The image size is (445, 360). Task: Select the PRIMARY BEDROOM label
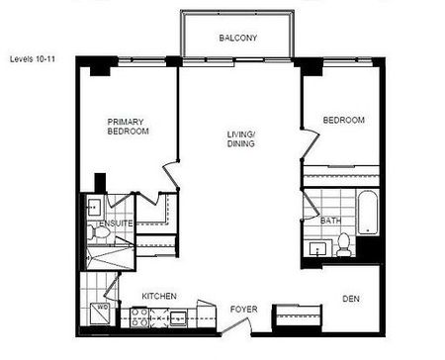[129, 127]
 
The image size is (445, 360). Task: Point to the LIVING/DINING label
[239, 138]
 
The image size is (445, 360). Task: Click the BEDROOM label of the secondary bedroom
[343, 121]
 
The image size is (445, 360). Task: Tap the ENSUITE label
[115, 224]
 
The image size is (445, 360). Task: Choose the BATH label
[330, 221]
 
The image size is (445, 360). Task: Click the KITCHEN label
[159, 296]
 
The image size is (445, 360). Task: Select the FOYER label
[243, 310]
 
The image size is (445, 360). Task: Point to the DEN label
[351, 298]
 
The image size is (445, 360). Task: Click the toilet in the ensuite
[92, 233]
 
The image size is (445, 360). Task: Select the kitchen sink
[178, 317]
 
